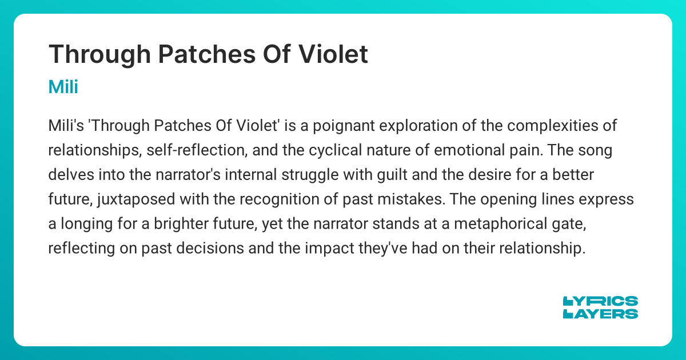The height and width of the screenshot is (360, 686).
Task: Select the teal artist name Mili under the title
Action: click(63, 87)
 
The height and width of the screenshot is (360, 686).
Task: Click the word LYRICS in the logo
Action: click(601, 301)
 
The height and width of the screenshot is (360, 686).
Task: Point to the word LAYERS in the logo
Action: click(601, 314)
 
